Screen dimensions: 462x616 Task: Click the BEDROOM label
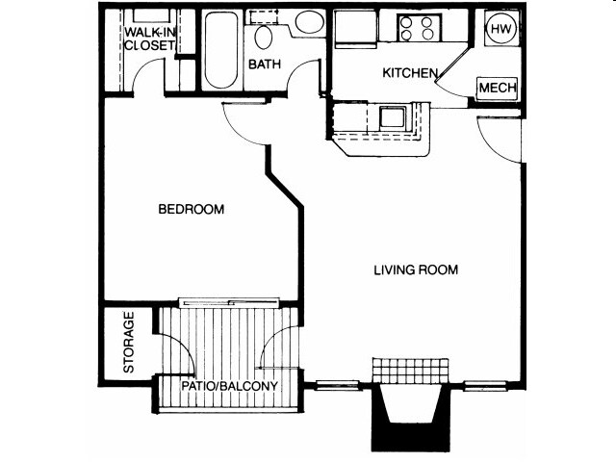point(192,209)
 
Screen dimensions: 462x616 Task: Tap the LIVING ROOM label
point(416,270)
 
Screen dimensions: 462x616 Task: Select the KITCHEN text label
point(411,73)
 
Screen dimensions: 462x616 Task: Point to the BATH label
point(264,65)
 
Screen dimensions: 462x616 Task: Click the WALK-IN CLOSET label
point(149,37)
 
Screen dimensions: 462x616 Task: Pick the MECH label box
point(498,88)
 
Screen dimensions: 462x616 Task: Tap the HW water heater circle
point(500,29)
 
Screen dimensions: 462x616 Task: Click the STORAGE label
point(128,343)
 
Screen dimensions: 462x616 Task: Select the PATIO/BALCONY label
point(231,387)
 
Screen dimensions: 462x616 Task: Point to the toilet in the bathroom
point(264,35)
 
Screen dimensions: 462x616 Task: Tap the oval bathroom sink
point(309,23)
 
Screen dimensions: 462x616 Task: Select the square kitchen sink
point(391,118)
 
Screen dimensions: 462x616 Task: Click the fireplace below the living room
point(410,416)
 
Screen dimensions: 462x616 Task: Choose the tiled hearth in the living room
point(411,371)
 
